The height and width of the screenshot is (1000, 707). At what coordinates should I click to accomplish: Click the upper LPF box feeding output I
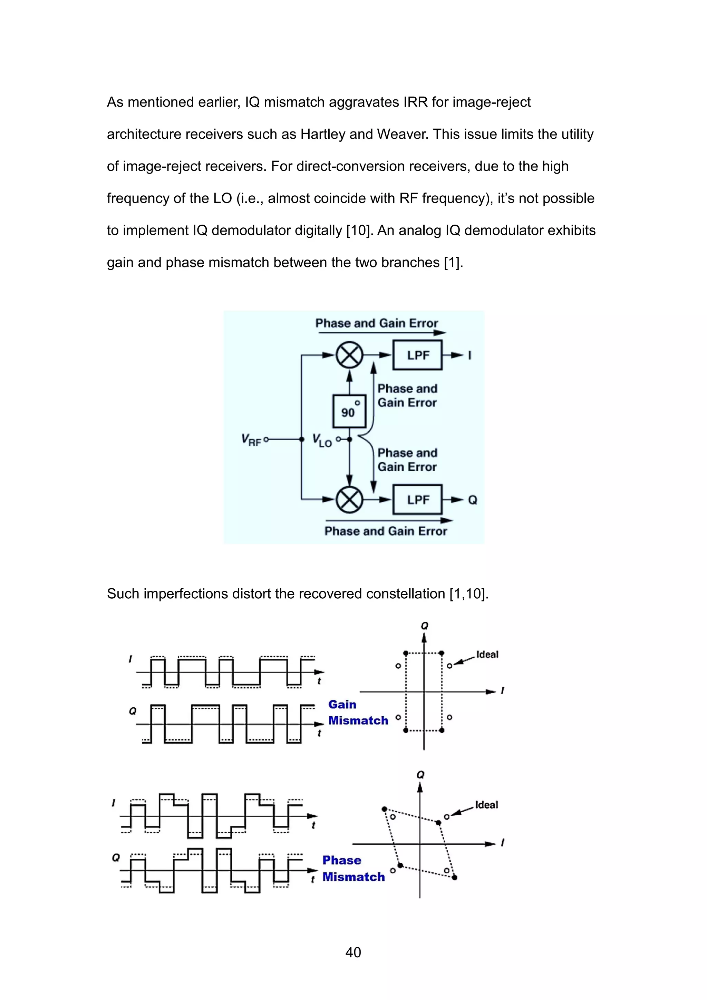point(417,355)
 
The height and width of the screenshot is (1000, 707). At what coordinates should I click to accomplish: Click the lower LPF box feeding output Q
point(417,500)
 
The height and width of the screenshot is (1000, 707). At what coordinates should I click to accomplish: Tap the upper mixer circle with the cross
point(349,355)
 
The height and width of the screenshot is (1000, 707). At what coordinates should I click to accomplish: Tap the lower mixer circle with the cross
point(349,500)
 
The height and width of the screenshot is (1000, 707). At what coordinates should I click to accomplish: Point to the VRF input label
point(251,440)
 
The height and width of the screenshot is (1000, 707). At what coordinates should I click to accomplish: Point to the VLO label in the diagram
point(322,440)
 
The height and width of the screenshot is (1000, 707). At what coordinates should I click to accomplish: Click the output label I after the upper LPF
point(469,355)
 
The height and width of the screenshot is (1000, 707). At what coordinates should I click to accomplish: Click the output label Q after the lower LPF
point(473,500)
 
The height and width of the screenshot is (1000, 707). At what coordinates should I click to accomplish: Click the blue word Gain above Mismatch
point(342,704)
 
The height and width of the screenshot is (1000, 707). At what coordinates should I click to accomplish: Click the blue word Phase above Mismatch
point(342,860)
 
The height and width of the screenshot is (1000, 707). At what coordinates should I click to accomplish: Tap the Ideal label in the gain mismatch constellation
point(487,655)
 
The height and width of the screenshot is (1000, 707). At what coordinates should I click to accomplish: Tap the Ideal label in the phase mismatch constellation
point(486,805)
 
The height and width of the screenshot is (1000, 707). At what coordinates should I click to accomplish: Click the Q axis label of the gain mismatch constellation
point(424,626)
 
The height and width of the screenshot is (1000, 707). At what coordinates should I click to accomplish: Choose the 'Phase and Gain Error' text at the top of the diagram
point(376,323)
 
